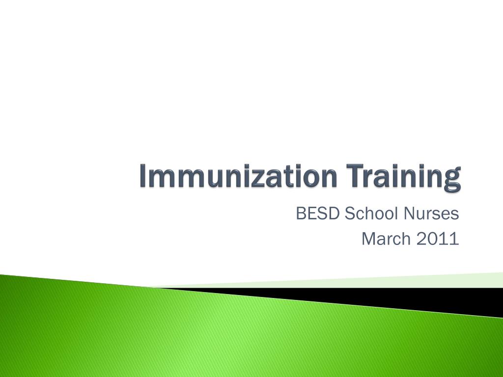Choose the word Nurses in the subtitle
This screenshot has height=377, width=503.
431,215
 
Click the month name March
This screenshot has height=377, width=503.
386,239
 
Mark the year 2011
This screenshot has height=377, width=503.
437,239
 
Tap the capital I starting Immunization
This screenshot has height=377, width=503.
143,176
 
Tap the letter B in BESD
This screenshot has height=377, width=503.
301,215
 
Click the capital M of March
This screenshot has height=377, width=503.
368,239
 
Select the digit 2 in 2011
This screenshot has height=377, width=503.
420,239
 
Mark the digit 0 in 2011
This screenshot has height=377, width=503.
432,239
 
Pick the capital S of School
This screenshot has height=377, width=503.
349,215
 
